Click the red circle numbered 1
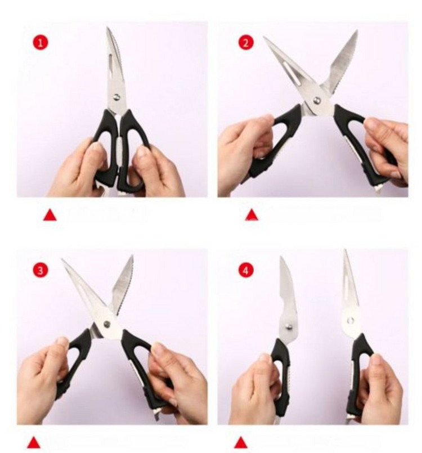[41, 43]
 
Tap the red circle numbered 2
[246, 43]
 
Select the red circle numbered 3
[41, 271]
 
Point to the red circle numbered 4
[246, 271]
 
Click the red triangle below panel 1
[50, 215]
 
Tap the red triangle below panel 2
[252, 215]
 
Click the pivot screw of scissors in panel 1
[117, 97]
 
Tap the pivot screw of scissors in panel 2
[317, 100]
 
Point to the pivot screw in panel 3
[107, 324]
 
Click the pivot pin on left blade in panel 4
[289, 327]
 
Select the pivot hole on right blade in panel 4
[351, 320]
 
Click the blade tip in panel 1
[107, 28]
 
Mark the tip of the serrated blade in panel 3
[132, 256]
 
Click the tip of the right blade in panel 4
[345, 251]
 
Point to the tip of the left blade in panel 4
[281, 257]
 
